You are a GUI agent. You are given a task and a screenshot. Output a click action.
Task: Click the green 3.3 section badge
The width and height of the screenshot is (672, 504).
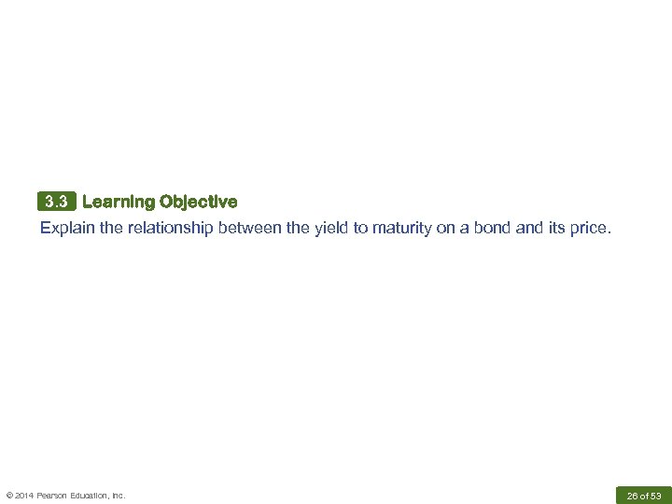tap(57, 202)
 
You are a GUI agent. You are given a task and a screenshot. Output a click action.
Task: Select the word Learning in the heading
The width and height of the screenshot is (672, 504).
tap(119, 202)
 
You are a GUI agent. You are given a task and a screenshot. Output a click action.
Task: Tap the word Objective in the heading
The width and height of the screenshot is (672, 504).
tap(198, 202)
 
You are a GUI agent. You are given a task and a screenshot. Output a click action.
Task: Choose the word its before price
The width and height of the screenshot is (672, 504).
tap(554, 227)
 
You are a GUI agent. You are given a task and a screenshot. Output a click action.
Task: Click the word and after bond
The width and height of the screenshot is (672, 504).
tap(527, 227)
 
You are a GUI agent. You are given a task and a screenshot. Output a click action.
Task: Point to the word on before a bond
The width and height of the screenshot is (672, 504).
tap(447, 227)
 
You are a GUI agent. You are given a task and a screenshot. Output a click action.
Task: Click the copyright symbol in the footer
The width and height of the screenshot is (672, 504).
tap(10, 496)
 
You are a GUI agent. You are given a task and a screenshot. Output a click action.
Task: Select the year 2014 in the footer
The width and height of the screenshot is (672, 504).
tap(26, 496)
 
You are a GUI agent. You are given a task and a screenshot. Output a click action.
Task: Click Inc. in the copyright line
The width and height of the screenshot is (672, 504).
tap(119, 496)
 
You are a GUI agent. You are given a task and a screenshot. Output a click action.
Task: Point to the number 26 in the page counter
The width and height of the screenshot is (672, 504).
tap(632, 496)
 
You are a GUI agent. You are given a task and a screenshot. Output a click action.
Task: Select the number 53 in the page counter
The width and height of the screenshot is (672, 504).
tap(655, 496)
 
